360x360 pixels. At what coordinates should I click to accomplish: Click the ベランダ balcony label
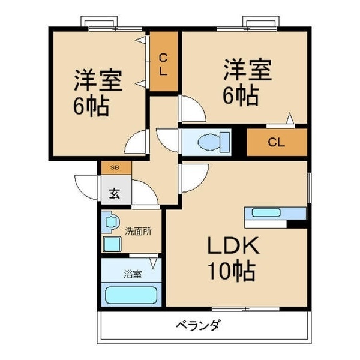(198, 326)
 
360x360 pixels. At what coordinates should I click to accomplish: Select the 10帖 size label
(232, 271)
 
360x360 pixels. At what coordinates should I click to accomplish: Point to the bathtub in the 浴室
(131, 295)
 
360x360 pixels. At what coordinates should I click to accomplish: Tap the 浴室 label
(133, 274)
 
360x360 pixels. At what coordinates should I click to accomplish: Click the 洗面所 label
(139, 230)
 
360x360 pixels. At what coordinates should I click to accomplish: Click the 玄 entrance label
(114, 193)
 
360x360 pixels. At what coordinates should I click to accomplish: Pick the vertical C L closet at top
(163, 62)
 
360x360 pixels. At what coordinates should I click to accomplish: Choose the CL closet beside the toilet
(276, 143)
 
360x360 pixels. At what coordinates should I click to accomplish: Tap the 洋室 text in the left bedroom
(98, 80)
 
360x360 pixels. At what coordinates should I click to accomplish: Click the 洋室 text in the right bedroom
(248, 69)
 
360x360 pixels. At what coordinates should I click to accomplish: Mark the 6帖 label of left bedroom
(91, 106)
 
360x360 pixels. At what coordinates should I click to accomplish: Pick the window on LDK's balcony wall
(246, 310)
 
